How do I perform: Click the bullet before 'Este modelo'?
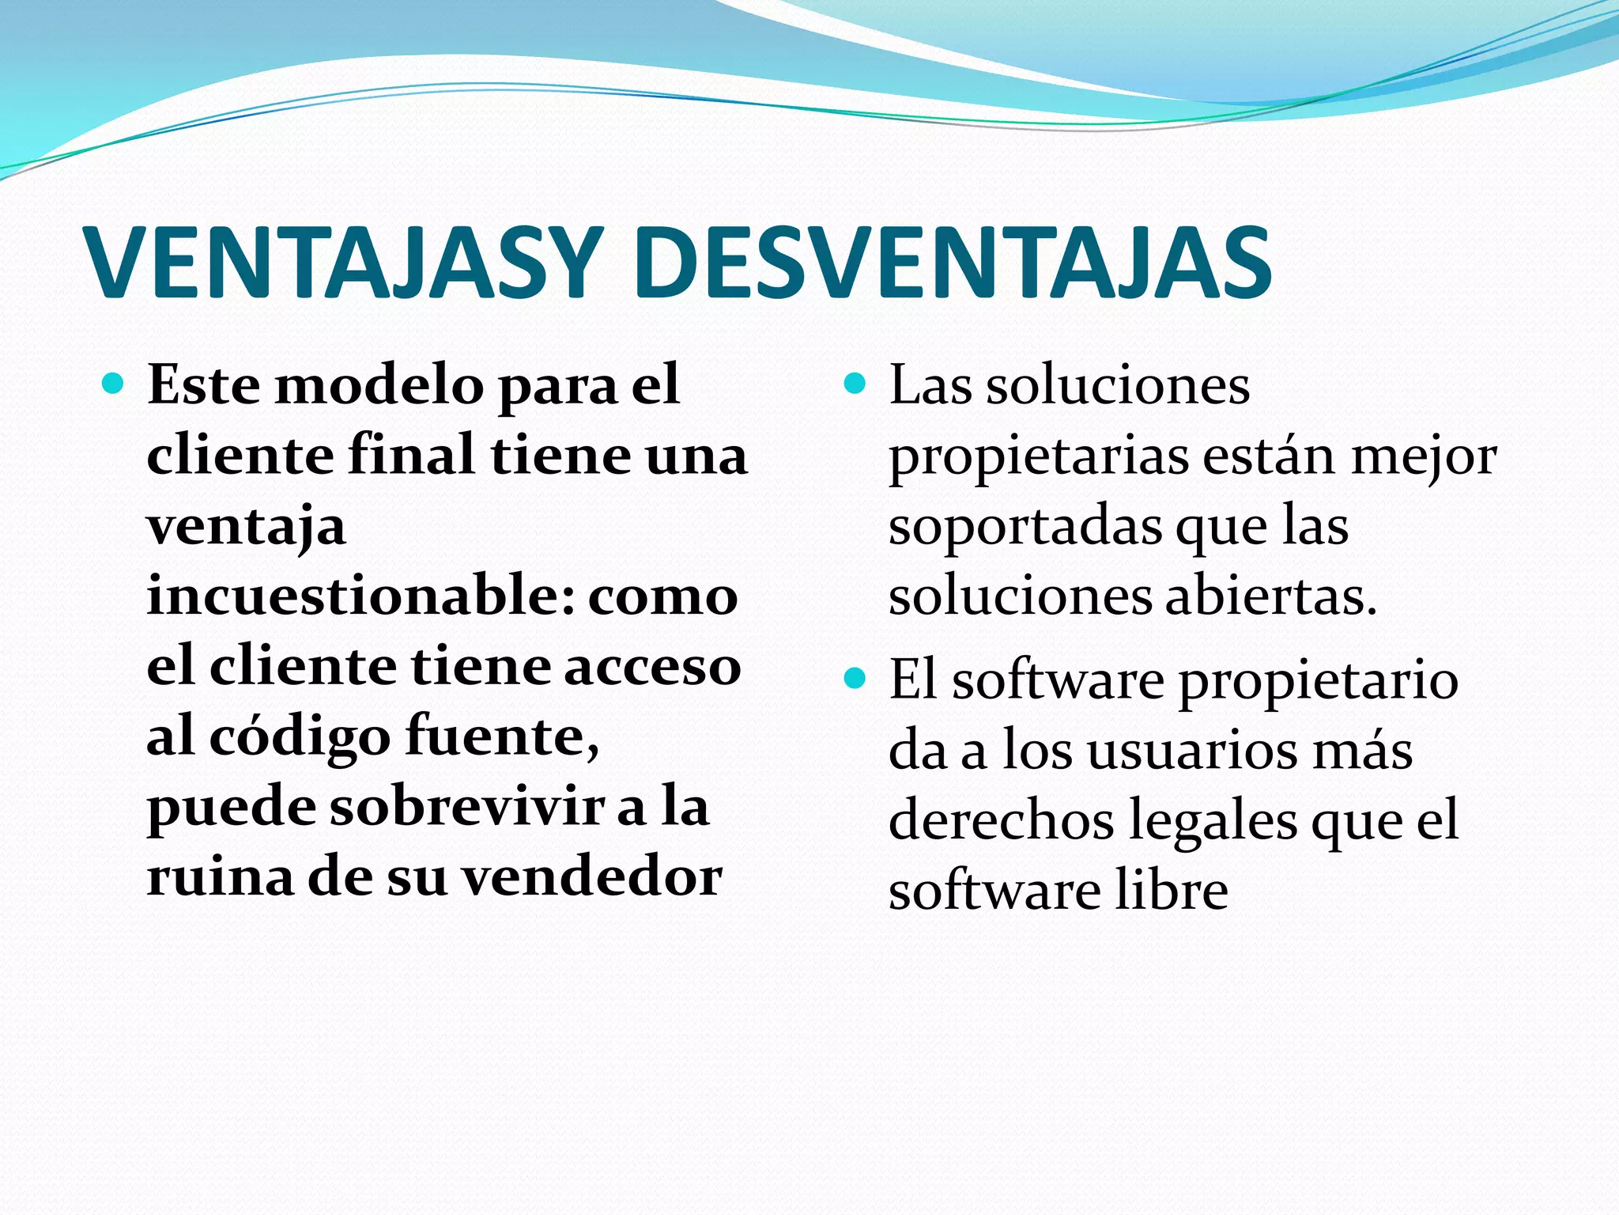[x=114, y=385]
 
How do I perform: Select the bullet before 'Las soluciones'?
[x=855, y=385]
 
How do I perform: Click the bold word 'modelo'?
[x=379, y=385]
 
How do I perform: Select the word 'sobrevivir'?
[x=466, y=808]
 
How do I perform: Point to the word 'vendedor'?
[x=592, y=877]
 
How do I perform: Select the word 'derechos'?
[x=1001, y=820]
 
